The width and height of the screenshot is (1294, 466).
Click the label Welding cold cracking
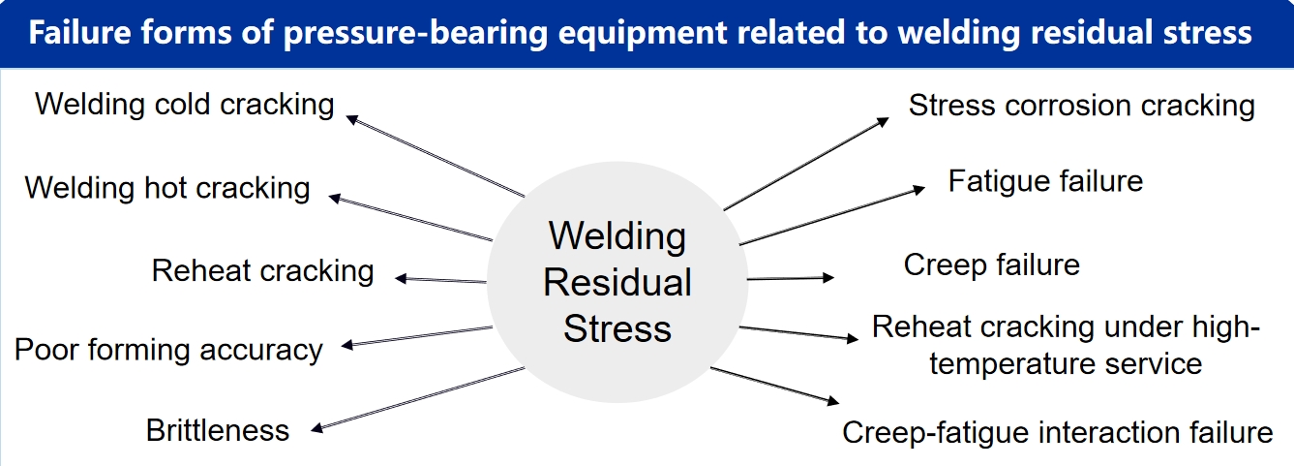point(184,104)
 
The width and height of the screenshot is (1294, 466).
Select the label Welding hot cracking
point(167,187)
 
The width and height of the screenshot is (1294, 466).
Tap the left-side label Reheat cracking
point(262,270)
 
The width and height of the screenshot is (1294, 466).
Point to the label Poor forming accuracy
point(168,349)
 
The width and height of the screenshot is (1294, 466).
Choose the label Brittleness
point(218,429)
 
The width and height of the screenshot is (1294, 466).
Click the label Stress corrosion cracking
point(1081,106)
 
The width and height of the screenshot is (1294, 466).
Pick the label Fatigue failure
point(1045,181)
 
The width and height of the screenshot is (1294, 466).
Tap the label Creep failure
point(991,264)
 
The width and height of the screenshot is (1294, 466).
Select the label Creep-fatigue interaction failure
point(1058,432)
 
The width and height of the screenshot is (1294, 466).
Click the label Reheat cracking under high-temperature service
point(1066,345)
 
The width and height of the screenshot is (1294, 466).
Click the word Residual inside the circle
point(617,283)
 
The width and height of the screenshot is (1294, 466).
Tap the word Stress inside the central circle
point(617,328)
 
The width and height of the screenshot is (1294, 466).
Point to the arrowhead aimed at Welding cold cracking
point(352,118)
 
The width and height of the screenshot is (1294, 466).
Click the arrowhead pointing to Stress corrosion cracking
point(883,121)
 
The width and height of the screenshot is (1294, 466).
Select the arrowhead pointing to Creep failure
point(828,278)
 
